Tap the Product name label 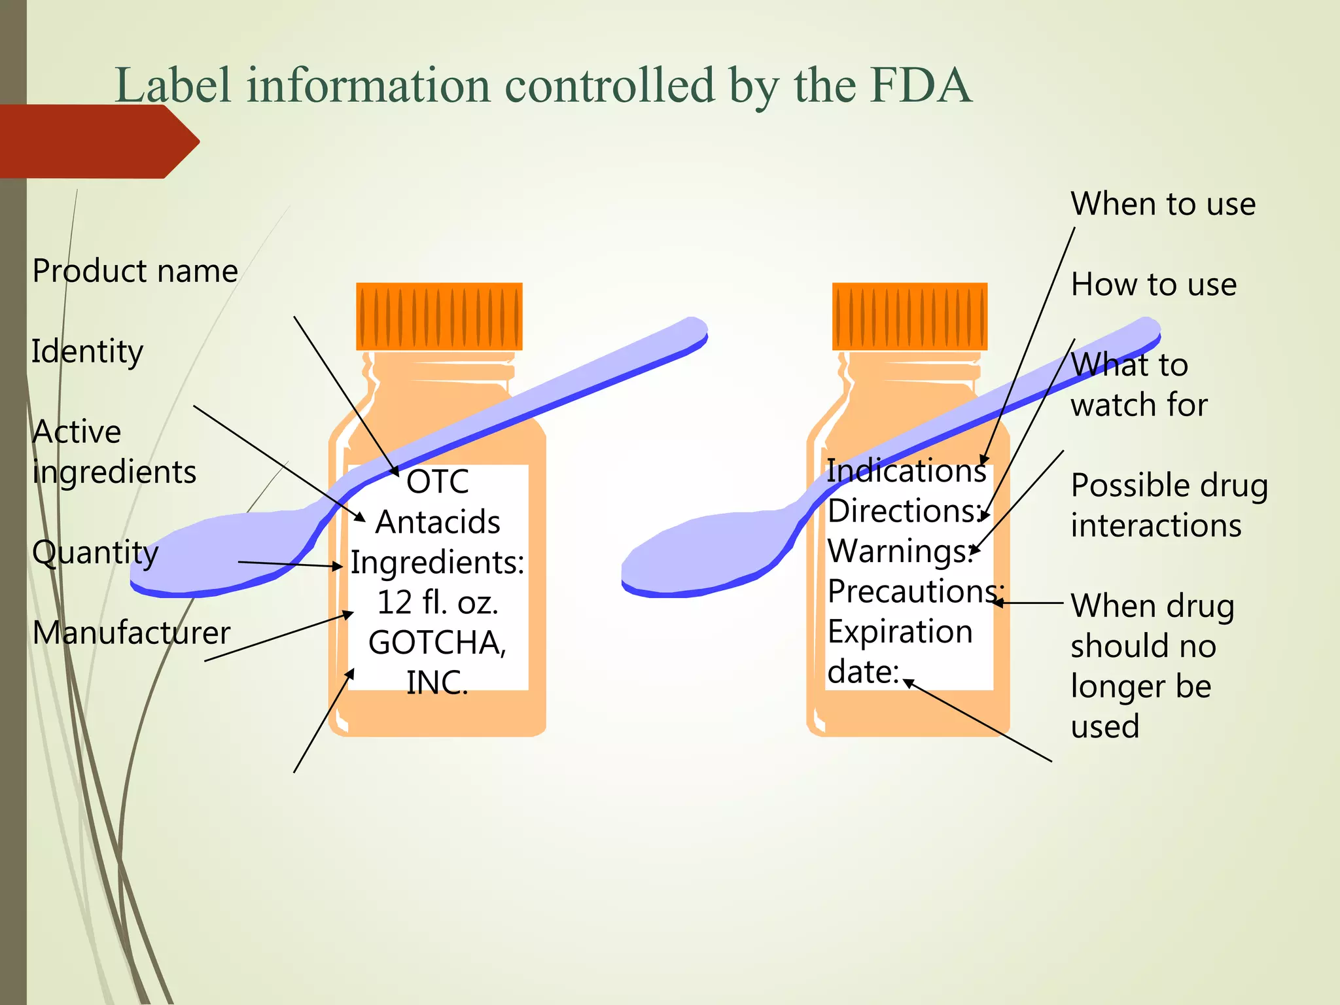(135, 271)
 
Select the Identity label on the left (87, 352)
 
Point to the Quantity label (95, 553)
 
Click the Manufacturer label (131, 633)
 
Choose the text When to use (1163, 204)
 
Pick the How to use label (1154, 285)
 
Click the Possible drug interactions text (1169, 505)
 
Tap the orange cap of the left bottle (439, 317)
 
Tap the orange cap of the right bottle (909, 317)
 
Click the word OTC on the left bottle (438, 482)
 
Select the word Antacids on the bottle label (438, 522)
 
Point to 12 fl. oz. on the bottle (438, 603)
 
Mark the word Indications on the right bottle (906, 471)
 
